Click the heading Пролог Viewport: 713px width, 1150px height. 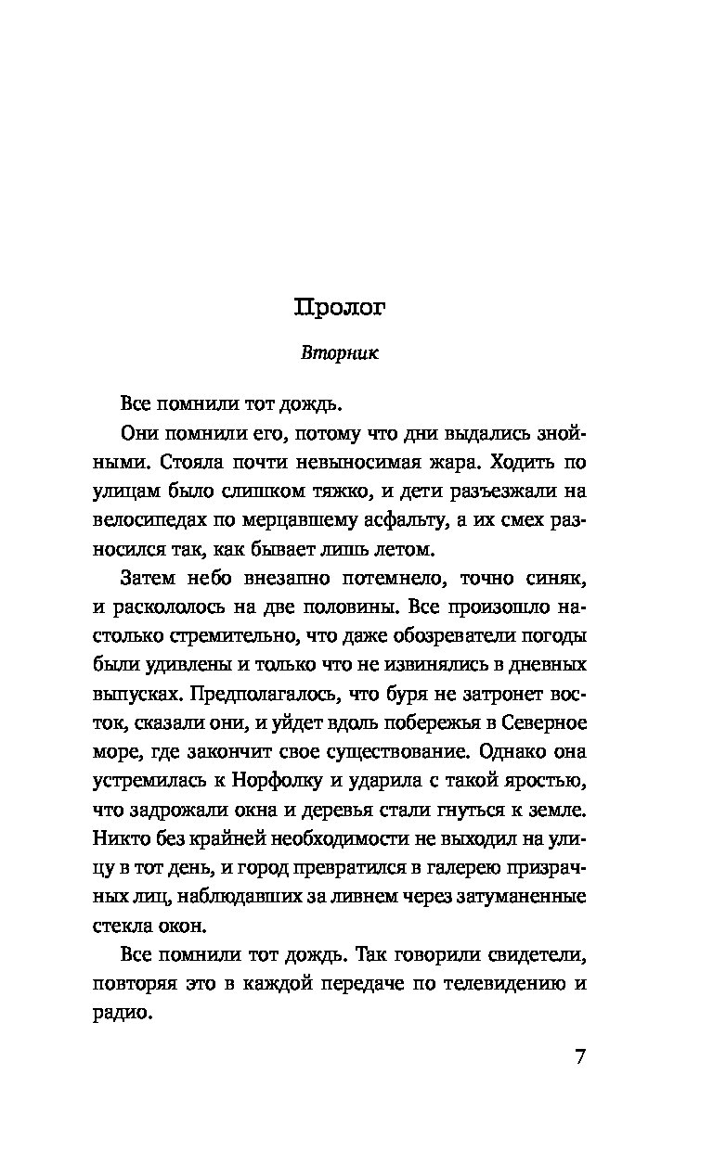coord(340,308)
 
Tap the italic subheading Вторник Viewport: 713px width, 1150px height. coord(341,353)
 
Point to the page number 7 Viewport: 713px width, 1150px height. coord(580,1058)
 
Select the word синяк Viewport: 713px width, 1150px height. coord(557,581)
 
